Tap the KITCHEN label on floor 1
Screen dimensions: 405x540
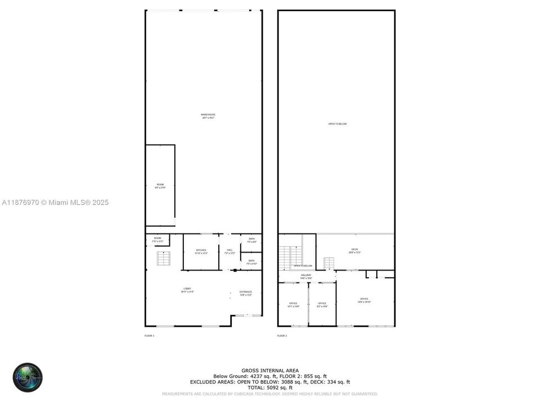click(x=201, y=251)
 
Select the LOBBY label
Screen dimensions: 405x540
click(x=187, y=290)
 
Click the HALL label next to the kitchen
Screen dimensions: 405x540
click(x=229, y=251)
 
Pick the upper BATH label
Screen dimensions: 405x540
click(x=251, y=240)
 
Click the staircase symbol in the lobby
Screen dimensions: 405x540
click(x=163, y=258)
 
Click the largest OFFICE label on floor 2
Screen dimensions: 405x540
click(x=364, y=300)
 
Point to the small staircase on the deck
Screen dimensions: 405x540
click(x=329, y=263)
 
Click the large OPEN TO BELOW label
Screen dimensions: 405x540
click(x=337, y=124)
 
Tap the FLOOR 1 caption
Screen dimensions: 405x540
click(x=150, y=336)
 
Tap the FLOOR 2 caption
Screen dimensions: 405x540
click(x=282, y=336)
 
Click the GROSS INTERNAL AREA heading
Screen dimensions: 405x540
click(x=270, y=370)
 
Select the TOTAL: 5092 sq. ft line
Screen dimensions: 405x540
click(x=270, y=388)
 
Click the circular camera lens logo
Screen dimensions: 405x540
click(x=28, y=377)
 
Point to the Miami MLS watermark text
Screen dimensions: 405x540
click(x=56, y=202)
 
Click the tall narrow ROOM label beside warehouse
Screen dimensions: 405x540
click(x=160, y=186)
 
